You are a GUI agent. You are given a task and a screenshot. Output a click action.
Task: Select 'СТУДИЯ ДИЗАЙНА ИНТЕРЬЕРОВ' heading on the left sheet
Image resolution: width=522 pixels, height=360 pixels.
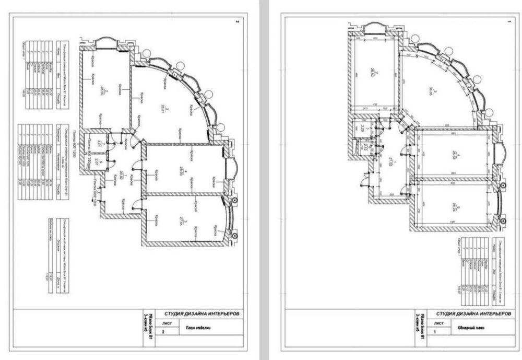point(202,314)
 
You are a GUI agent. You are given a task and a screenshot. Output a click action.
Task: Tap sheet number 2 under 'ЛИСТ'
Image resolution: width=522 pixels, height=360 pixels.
point(165,332)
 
